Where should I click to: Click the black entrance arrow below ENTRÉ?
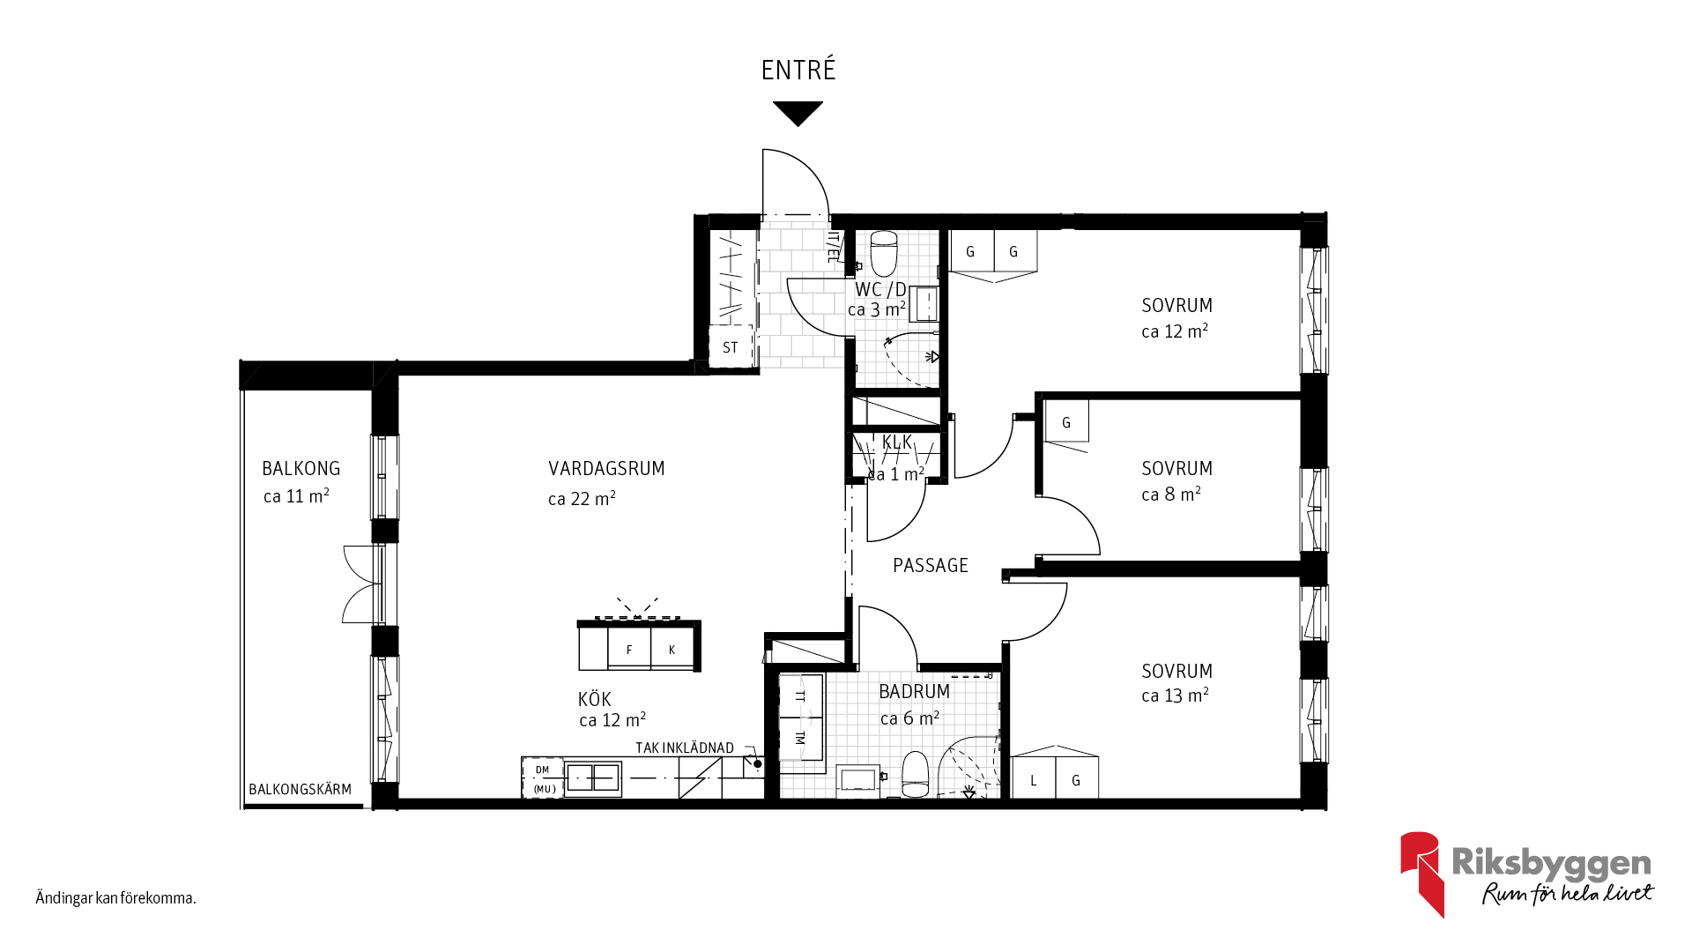pyautogui.click(x=798, y=113)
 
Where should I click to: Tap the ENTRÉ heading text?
pyautogui.click(x=798, y=70)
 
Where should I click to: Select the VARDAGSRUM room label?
pyautogui.click(x=606, y=469)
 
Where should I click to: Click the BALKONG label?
pyautogui.click(x=301, y=469)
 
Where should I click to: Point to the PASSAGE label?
pyautogui.click(x=931, y=566)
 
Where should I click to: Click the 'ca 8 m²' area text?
pyautogui.click(x=1171, y=495)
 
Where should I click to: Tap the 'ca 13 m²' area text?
pyautogui.click(x=1175, y=695)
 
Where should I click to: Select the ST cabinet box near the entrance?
pyautogui.click(x=731, y=346)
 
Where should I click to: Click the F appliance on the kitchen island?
pyautogui.click(x=629, y=649)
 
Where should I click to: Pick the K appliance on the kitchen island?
pyautogui.click(x=672, y=649)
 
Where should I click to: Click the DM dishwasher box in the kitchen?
pyautogui.click(x=543, y=770)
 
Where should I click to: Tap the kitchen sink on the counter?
pyautogui.click(x=593, y=778)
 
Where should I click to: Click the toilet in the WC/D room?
pyautogui.click(x=884, y=254)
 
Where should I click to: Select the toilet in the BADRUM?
pyautogui.click(x=916, y=774)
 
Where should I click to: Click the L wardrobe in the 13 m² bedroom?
pyautogui.click(x=1034, y=779)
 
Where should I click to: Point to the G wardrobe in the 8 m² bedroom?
pyautogui.click(x=1066, y=421)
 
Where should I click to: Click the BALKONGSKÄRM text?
pyautogui.click(x=300, y=789)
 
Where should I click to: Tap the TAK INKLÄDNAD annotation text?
pyautogui.click(x=685, y=747)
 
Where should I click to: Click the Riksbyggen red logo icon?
pyautogui.click(x=1421, y=873)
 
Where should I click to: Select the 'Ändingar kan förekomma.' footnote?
pyautogui.click(x=115, y=898)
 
